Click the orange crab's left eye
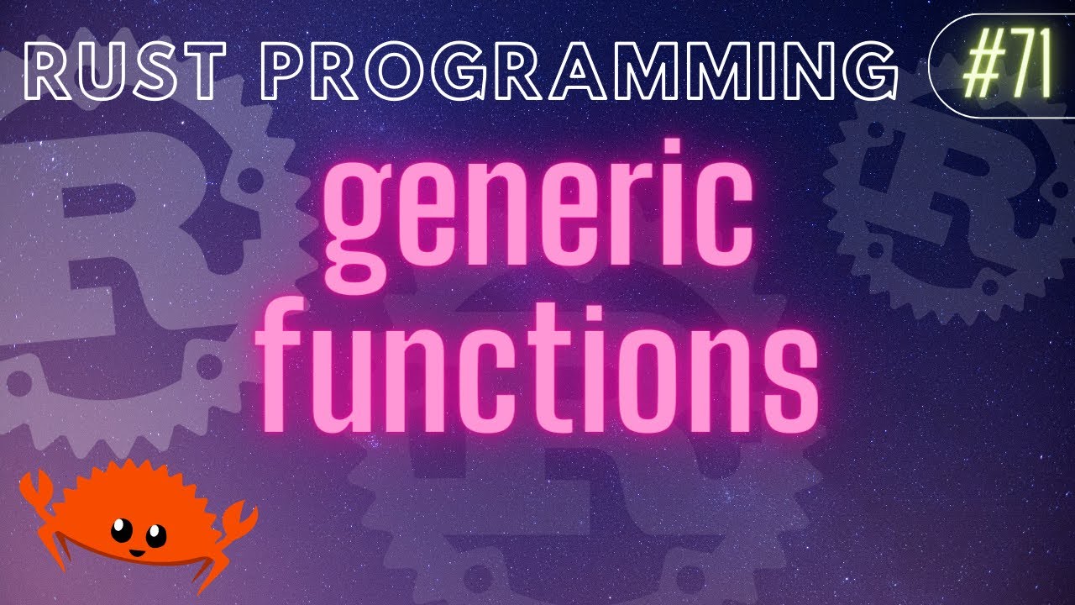[121, 529]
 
